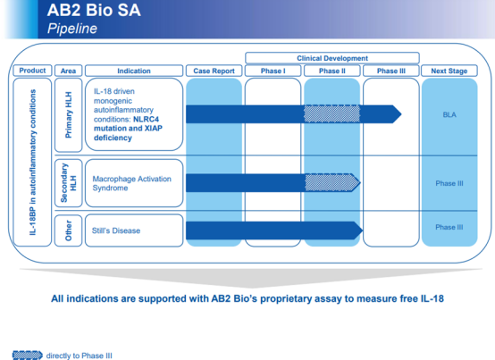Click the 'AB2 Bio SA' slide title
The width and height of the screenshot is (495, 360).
(x=94, y=10)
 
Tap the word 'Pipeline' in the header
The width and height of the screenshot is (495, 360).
(x=72, y=29)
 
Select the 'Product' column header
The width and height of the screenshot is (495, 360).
(x=32, y=71)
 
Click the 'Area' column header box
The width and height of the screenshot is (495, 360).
(x=68, y=71)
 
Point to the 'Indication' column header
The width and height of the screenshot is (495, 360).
(x=134, y=71)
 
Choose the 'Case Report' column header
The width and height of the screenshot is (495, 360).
(x=214, y=71)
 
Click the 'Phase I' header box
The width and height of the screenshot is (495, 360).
(x=273, y=71)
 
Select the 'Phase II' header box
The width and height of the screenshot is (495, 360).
(x=331, y=71)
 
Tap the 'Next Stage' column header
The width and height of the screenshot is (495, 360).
(x=449, y=71)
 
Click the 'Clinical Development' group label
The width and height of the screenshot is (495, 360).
(x=332, y=58)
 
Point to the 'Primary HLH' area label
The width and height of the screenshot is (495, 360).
(x=68, y=115)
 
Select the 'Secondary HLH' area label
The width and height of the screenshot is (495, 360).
(x=68, y=183)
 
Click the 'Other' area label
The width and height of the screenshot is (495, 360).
(x=68, y=230)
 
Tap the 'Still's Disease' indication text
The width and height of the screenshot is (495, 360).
(x=116, y=230)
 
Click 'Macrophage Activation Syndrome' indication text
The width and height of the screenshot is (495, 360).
(x=131, y=183)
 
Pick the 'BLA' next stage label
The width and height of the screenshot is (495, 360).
(x=449, y=114)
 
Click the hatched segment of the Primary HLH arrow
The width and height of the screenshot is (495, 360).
(x=331, y=114)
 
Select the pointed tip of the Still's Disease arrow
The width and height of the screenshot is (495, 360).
(x=363, y=230)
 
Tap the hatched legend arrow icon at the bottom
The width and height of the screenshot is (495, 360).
(x=27, y=356)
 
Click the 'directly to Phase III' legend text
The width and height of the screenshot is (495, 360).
(x=79, y=356)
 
